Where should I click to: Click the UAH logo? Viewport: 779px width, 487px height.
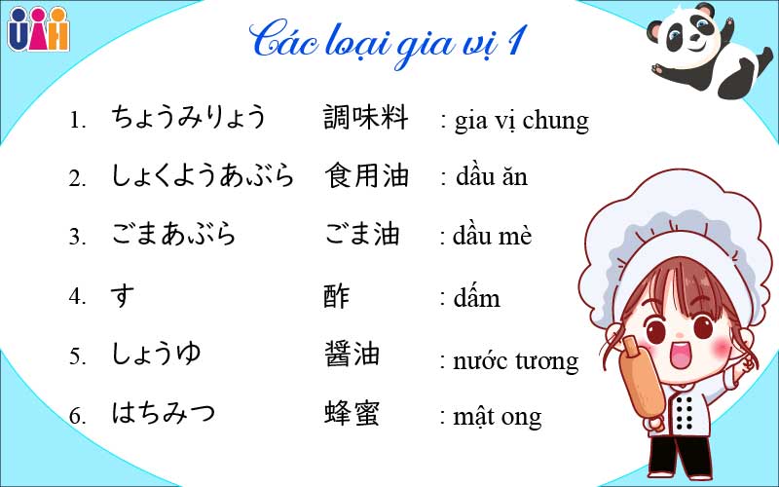click(x=39, y=29)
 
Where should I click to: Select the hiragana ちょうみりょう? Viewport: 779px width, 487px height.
click(x=189, y=118)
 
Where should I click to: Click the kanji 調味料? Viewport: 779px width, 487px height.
click(x=366, y=118)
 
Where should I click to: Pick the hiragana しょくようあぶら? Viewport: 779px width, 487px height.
click(x=203, y=176)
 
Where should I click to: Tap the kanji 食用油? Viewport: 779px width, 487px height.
click(x=366, y=176)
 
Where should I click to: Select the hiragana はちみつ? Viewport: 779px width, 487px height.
click(x=164, y=413)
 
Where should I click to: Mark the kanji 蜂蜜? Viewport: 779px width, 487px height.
click(x=352, y=413)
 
